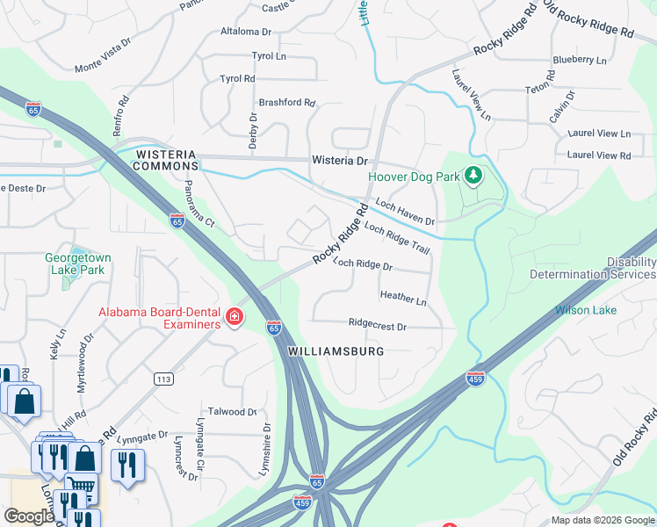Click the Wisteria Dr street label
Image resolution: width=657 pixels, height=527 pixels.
tap(339, 162)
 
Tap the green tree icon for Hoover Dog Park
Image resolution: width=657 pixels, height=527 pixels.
tap(473, 176)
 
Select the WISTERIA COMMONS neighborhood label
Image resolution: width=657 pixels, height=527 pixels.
tap(167, 160)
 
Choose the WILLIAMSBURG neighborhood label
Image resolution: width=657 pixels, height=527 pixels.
tap(336, 350)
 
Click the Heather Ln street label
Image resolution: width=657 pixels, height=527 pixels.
tap(403, 299)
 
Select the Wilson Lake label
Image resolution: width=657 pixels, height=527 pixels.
tap(585, 310)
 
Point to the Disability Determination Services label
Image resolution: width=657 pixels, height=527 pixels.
tap(593, 269)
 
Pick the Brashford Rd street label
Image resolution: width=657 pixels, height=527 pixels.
tap(286, 103)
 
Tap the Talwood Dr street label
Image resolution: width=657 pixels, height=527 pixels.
tap(232, 411)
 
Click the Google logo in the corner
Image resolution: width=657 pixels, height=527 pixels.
tap(29, 516)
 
